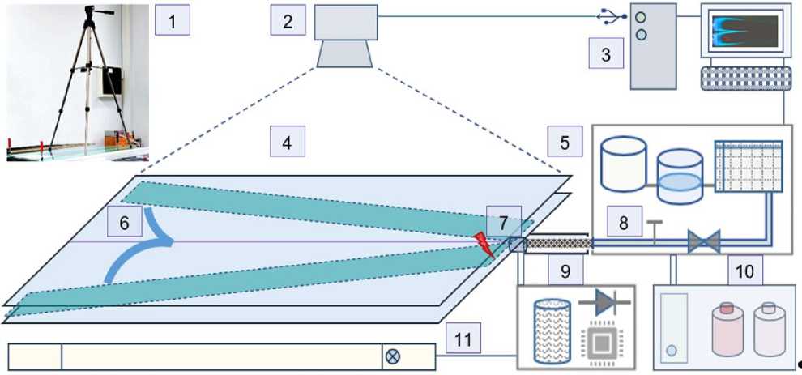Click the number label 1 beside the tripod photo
(172, 20)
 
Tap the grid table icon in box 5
(749, 166)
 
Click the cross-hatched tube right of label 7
(558, 243)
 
